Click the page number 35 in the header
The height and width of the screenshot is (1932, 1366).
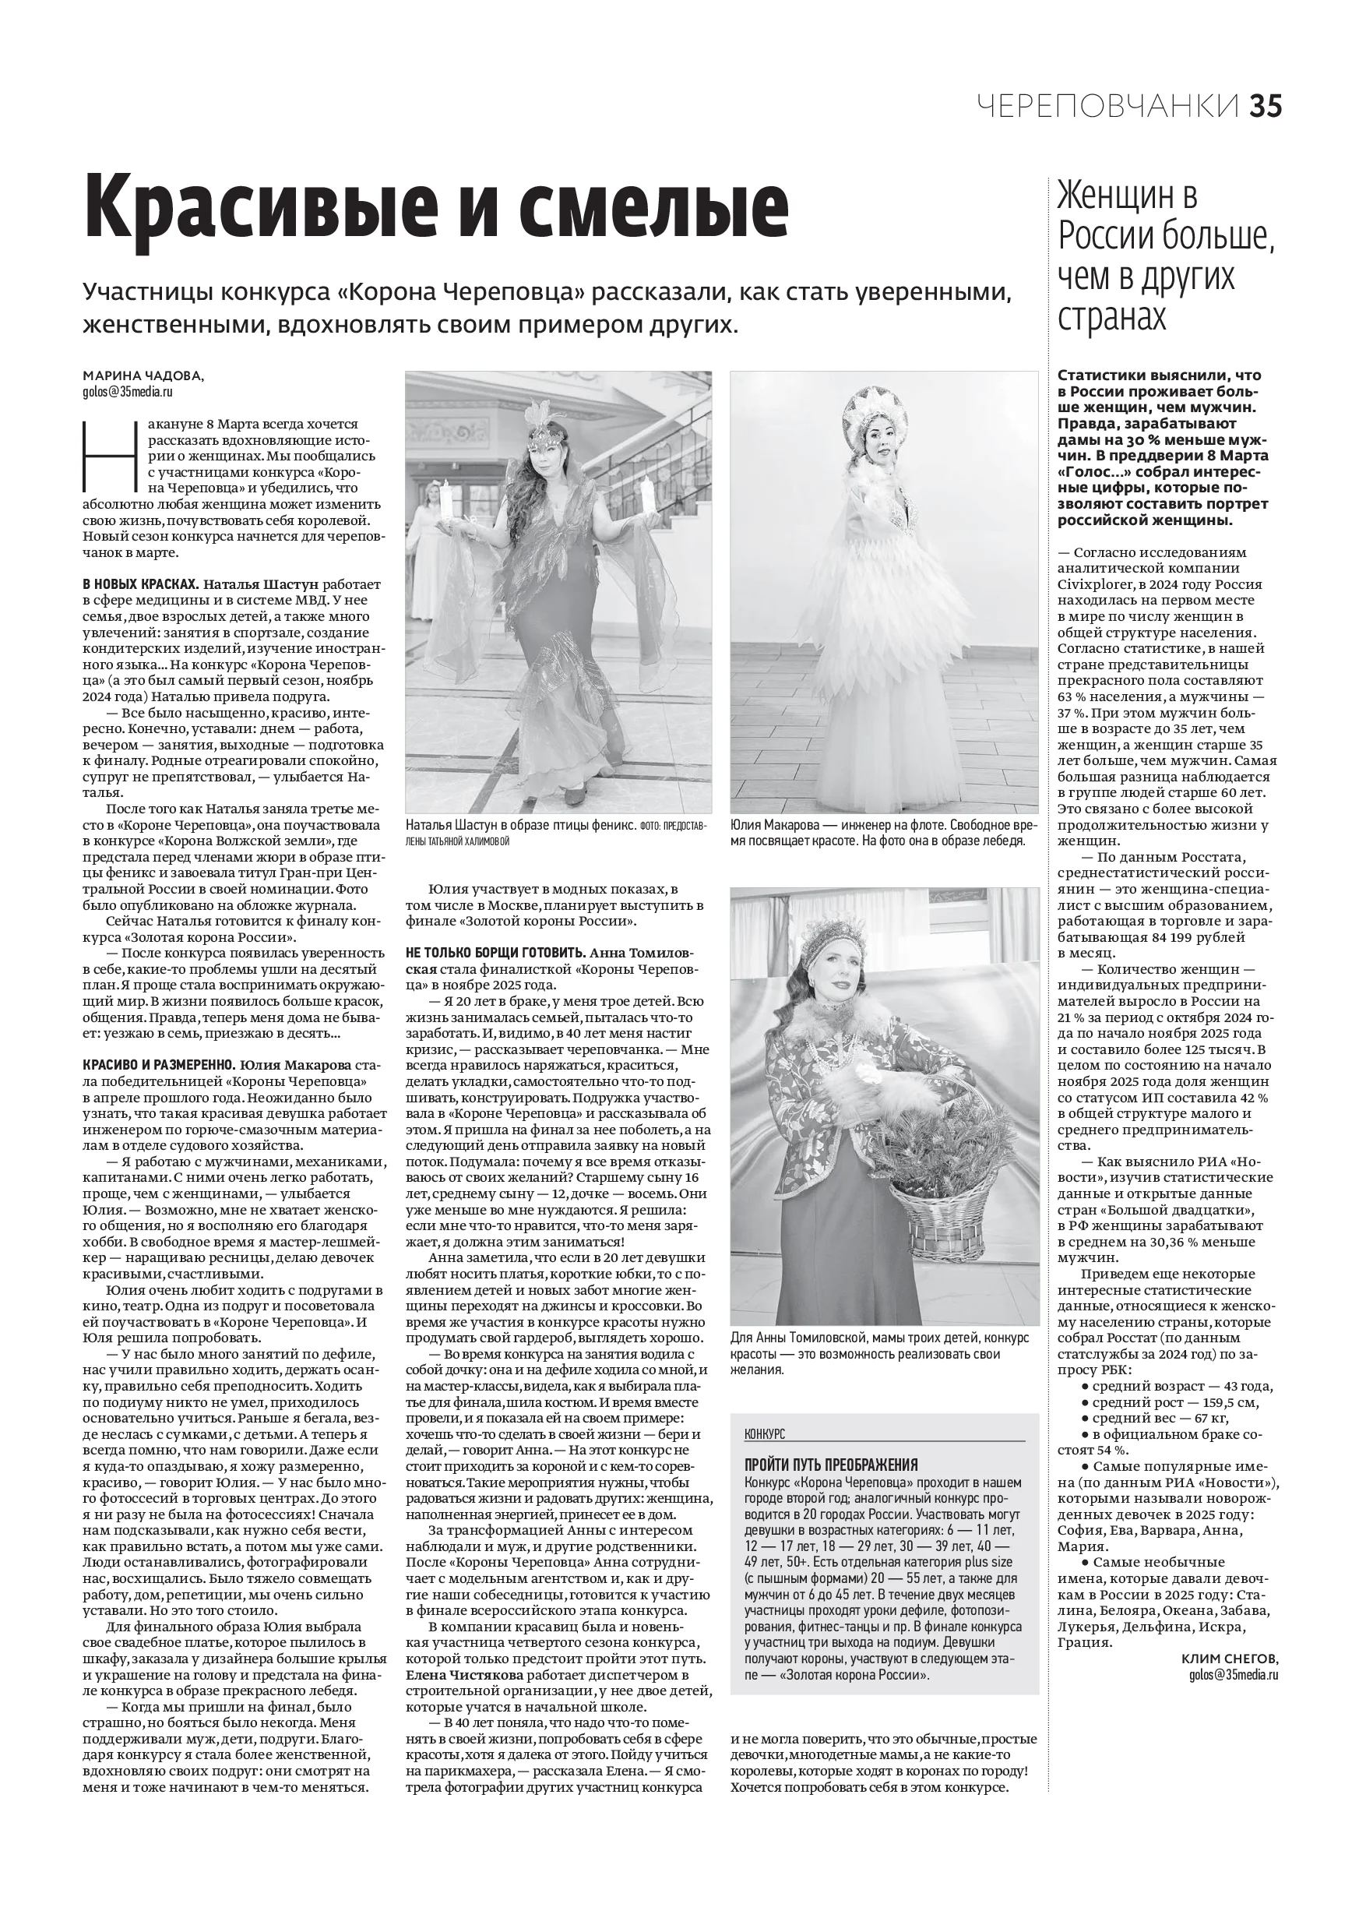(x=1264, y=107)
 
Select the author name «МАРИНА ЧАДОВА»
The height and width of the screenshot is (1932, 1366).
(x=143, y=375)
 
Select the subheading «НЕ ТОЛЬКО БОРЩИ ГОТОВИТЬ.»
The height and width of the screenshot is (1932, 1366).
(x=495, y=953)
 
